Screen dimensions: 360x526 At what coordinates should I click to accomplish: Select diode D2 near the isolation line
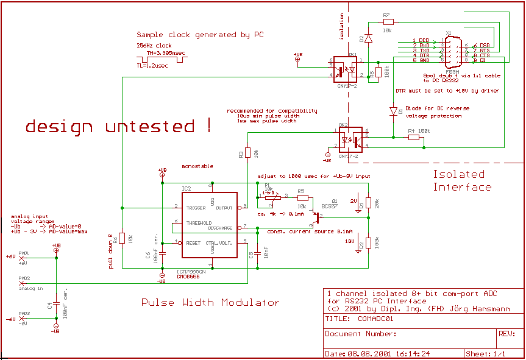(368, 37)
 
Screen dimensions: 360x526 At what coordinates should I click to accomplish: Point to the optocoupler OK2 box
(349, 141)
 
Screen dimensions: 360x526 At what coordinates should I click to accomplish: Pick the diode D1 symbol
(393, 111)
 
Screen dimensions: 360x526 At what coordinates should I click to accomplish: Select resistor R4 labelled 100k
(414, 138)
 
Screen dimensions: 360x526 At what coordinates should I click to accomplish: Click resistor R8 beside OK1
(378, 74)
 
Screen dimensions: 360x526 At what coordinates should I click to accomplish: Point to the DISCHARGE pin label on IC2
(220, 228)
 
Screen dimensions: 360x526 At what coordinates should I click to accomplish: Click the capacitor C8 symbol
(258, 252)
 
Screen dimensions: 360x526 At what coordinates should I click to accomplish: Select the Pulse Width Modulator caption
(210, 302)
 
